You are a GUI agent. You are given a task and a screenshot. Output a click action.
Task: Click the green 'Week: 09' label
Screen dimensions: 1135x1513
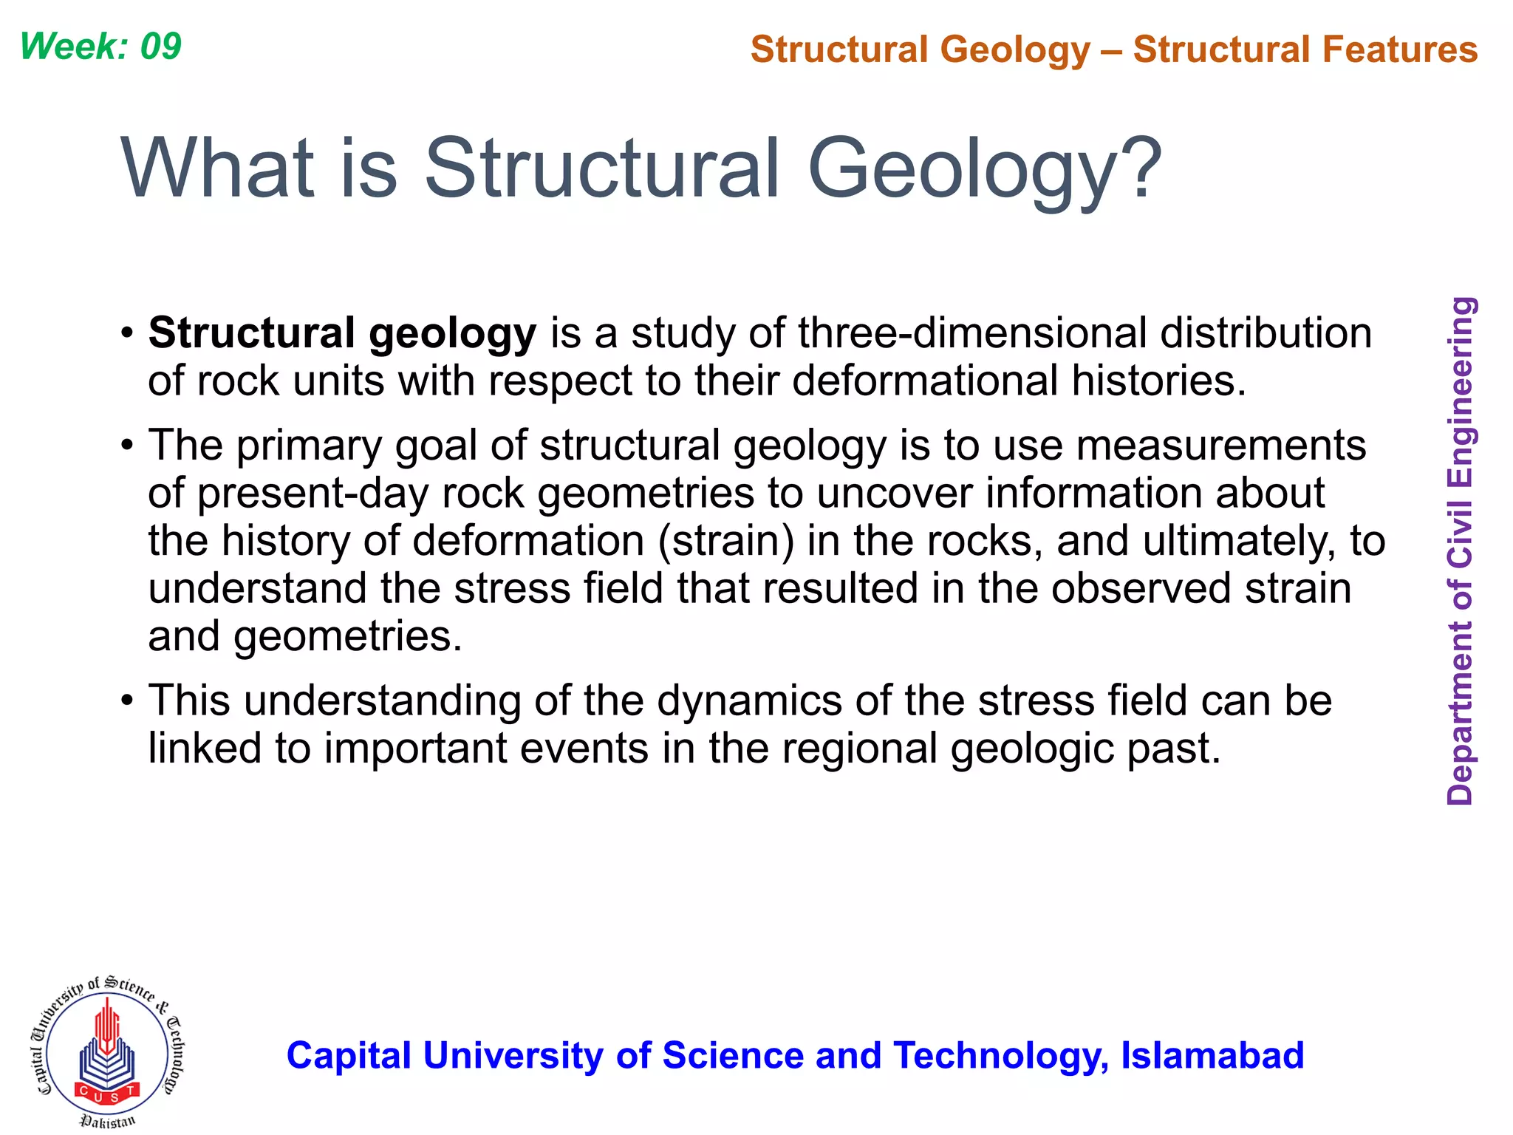click(100, 47)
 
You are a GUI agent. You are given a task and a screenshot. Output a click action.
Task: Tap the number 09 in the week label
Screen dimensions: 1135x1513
click(160, 47)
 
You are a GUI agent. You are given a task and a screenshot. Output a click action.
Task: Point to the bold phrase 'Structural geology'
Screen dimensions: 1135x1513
click(342, 333)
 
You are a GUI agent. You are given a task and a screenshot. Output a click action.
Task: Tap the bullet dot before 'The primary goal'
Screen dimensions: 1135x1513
click(128, 445)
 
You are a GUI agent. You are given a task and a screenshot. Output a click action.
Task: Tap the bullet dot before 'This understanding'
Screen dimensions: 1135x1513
click(128, 700)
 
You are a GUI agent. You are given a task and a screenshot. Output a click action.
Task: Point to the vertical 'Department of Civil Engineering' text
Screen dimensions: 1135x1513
click(1460, 551)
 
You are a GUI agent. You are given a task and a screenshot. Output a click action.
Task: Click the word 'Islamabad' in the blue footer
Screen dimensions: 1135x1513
click(1212, 1055)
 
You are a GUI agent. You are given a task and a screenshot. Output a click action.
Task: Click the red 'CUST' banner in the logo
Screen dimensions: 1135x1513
click(107, 1091)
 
